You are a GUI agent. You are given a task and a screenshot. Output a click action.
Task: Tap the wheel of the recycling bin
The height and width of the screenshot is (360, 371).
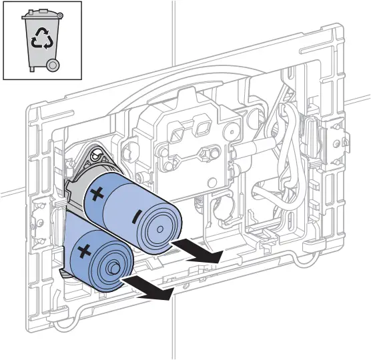[x=53, y=64]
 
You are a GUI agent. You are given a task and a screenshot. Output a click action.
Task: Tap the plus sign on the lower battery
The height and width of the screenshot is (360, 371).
[x=85, y=252]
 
